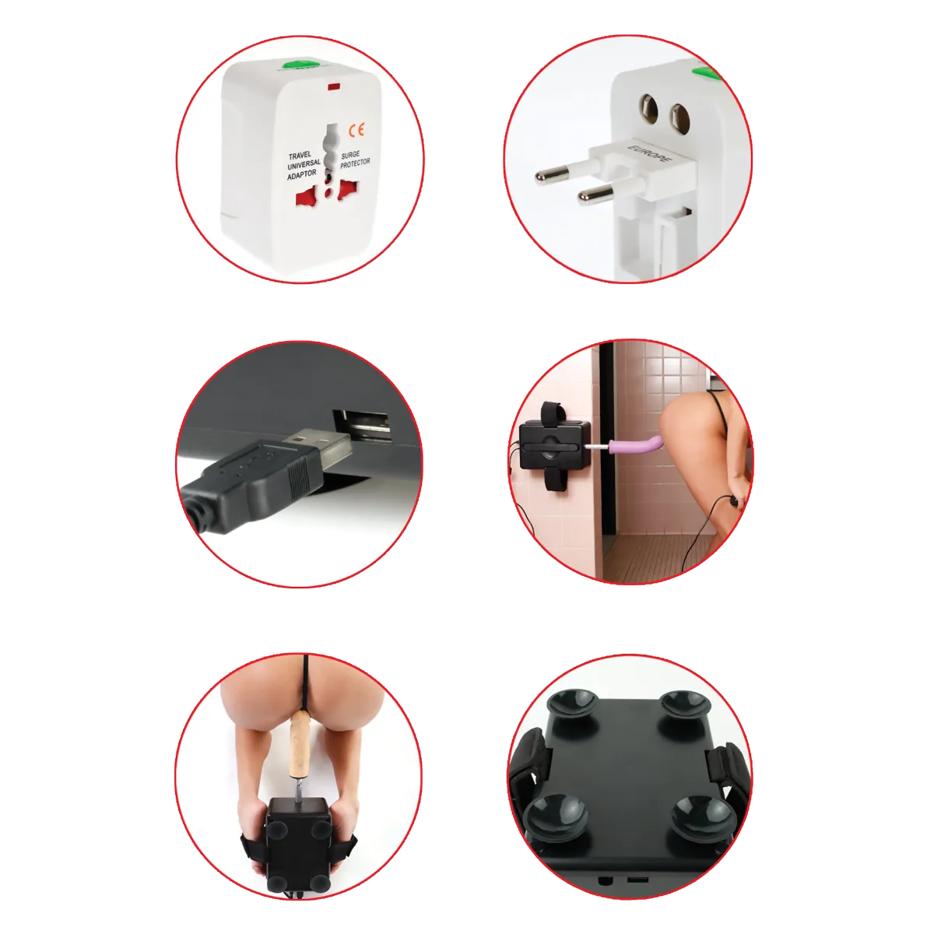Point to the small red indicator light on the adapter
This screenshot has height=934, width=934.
click(335, 86)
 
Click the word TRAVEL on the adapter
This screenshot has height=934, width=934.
click(300, 156)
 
